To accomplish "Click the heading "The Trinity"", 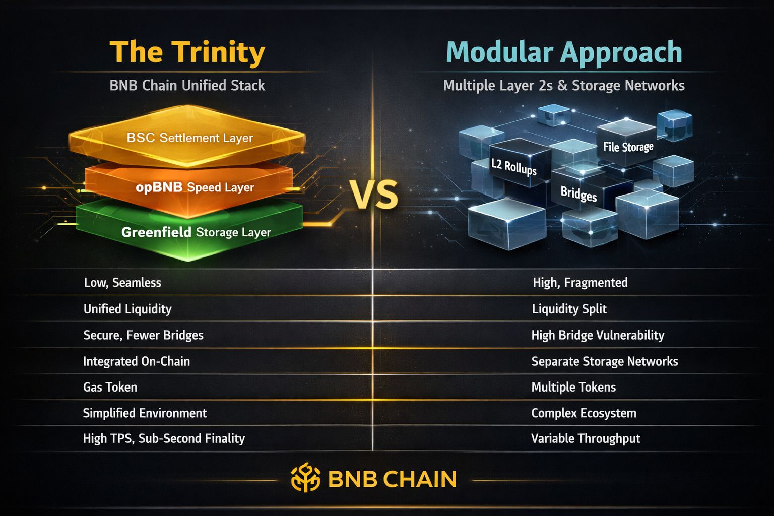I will point(187,52).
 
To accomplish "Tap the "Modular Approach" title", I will point(564,52).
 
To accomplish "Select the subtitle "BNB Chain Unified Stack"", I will point(187,85).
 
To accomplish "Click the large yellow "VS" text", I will point(374,195).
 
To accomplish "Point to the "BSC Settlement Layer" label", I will point(189,138).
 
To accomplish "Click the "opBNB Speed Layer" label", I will point(195,187).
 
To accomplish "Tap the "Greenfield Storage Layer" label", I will point(196,232).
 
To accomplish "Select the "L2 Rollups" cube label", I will point(513,166).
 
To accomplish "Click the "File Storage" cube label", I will point(628,147).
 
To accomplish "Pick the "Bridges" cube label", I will point(578,193).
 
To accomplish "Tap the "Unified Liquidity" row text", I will point(127,309).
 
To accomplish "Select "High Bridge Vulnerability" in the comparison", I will point(598,335).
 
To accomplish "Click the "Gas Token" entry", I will point(110,387).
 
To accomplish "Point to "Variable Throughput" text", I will point(586,438).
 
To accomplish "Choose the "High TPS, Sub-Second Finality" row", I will point(164,438).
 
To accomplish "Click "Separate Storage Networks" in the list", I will point(605,361).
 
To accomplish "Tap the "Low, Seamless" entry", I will point(122,282).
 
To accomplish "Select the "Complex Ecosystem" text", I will point(584,413).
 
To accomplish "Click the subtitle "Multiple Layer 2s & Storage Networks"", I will point(563,85).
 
